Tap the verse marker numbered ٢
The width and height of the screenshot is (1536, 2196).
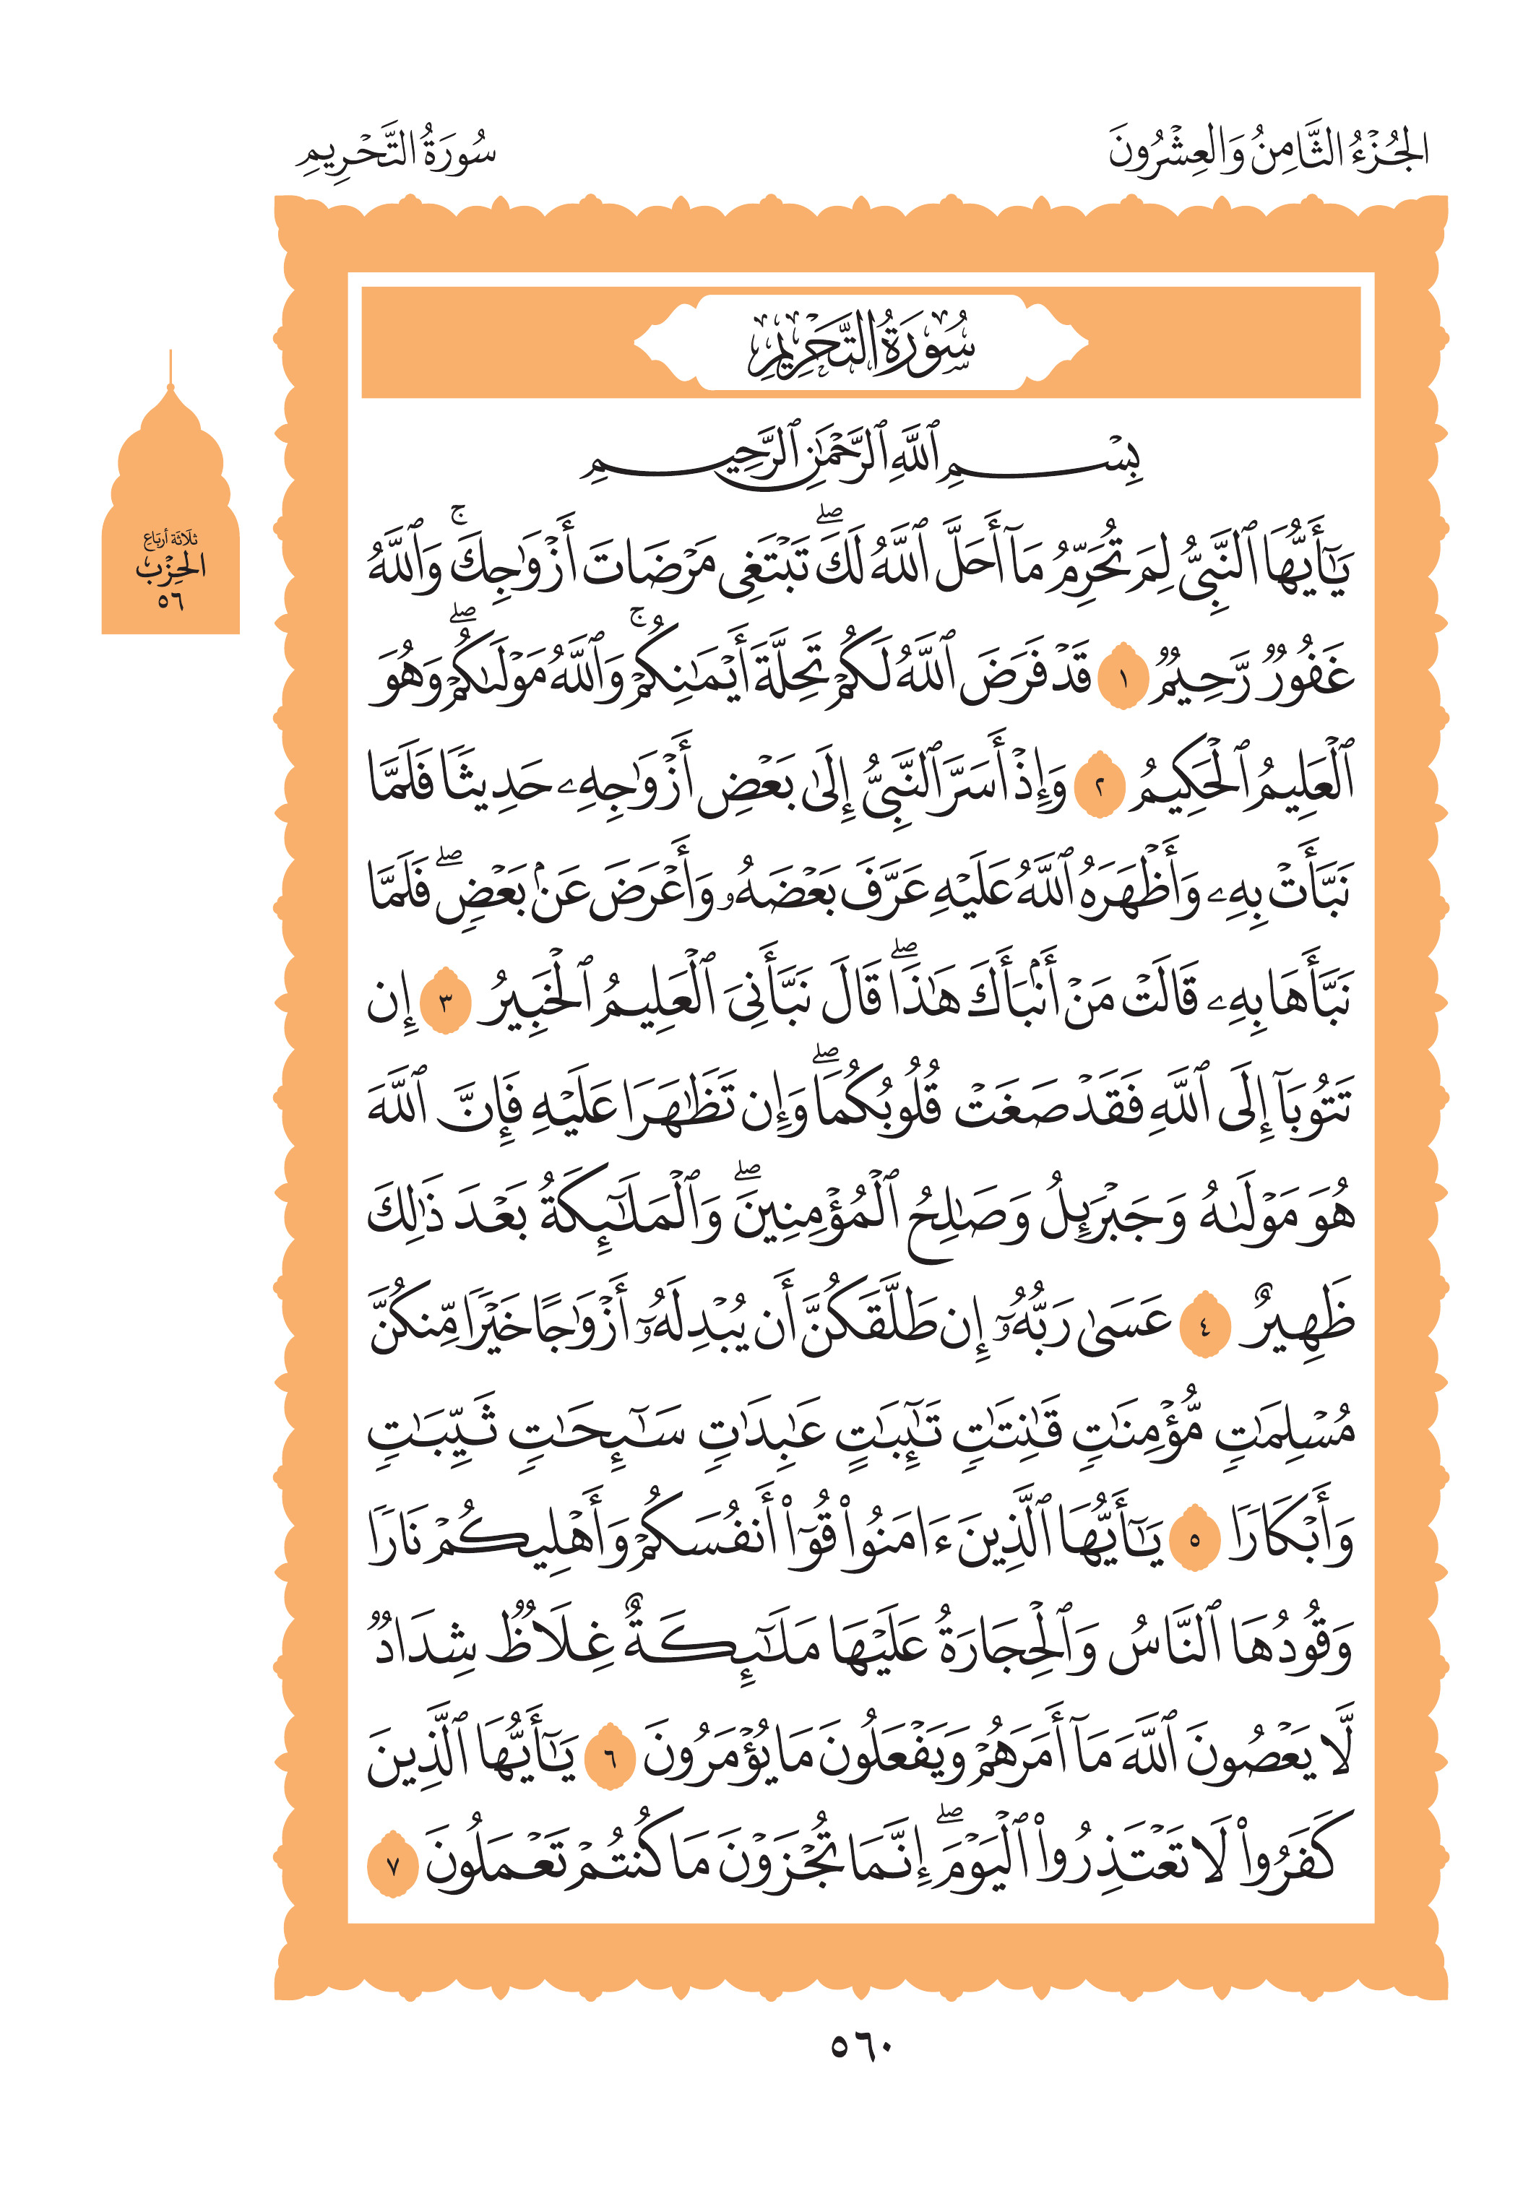point(1099,789)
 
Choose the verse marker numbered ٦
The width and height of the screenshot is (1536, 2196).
point(608,1758)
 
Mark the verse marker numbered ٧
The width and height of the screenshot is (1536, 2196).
point(392,1865)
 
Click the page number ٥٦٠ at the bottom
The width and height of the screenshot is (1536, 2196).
point(860,2045)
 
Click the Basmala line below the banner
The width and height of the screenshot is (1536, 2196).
point(860,457)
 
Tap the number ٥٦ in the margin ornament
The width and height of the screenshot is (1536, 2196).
point(171,600)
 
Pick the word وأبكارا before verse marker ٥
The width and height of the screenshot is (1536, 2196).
point(1291,1538)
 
